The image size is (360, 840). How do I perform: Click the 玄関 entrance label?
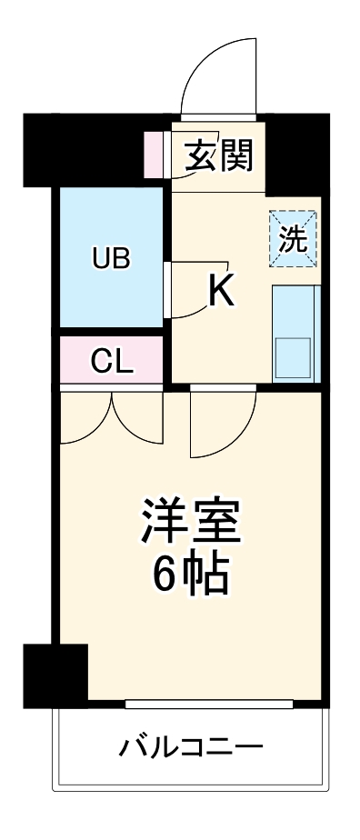pos(218,157)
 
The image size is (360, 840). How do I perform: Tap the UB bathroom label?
pos(111,259)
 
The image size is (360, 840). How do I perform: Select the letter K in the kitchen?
pos(222,291)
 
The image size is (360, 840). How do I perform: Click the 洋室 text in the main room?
pos(190,519)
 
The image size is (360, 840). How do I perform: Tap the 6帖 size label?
pos(190,573)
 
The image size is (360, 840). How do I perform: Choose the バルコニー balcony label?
pos(192,748)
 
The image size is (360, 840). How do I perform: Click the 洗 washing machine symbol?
pos(293,239)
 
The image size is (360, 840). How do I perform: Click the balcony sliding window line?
pos(208,704)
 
